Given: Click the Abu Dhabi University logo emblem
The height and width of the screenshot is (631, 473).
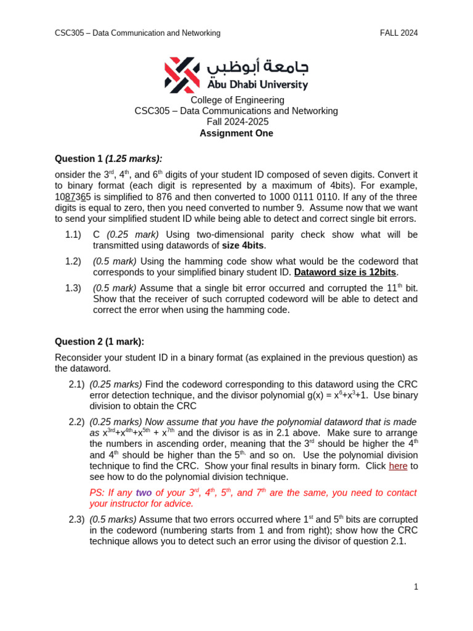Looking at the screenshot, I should [182, 75].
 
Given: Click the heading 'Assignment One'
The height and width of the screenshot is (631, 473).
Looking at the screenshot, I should [236, 133].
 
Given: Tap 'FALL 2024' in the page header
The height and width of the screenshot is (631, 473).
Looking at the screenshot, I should [398, 33].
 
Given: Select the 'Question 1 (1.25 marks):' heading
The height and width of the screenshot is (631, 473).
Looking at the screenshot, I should [108, 158].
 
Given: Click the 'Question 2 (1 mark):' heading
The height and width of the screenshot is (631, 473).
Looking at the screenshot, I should [99, 341].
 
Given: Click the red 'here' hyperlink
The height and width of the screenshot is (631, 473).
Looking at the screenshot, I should [398, 466].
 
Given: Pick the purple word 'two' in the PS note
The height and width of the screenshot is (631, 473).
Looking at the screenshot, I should [144, 493].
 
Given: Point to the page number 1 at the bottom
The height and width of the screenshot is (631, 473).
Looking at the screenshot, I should [416, 587].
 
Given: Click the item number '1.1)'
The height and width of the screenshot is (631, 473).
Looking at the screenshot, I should [73, 235].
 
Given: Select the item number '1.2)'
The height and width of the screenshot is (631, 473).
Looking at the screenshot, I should [73, 261].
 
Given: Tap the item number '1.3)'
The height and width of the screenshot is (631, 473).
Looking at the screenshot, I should [73, 288].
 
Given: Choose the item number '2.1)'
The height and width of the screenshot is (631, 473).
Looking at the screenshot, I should [76, 385].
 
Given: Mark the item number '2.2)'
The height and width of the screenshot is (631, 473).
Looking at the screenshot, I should [76, 422].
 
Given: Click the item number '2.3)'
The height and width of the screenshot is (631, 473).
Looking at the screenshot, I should [76, 519].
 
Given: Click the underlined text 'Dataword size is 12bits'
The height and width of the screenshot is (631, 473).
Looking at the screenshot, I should [345, 272].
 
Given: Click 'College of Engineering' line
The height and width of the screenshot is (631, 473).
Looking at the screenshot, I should [237, 100].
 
